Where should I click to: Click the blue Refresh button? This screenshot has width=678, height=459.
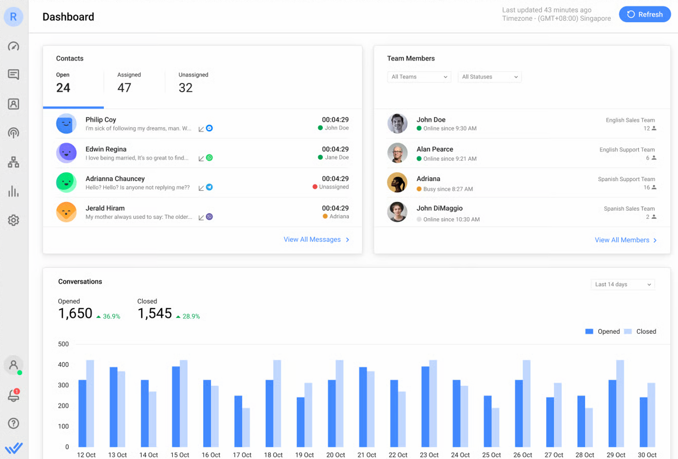point(645,14)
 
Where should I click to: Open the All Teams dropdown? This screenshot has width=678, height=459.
point(419,77)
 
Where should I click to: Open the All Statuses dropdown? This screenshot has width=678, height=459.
point(490,77)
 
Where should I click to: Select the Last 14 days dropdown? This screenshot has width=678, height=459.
point(623,284)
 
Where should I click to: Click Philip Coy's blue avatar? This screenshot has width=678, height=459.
point(66,124)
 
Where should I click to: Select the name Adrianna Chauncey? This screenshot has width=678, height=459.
point(115,179)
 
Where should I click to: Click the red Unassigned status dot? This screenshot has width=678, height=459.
point(315,187)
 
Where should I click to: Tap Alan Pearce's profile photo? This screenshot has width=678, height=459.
point(397,153)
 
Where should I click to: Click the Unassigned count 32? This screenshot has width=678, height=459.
point(186,88)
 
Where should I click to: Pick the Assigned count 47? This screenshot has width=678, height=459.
point(124,88)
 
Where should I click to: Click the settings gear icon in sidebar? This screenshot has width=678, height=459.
point(14,220)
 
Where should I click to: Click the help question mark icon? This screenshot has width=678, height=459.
point(14,423)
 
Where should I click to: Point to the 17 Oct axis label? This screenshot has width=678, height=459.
point(242,455)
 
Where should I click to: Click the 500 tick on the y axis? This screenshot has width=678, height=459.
point(63,344)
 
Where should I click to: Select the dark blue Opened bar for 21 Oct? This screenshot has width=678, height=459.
point(363,407)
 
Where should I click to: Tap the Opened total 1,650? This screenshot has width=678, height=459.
point(75,313)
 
